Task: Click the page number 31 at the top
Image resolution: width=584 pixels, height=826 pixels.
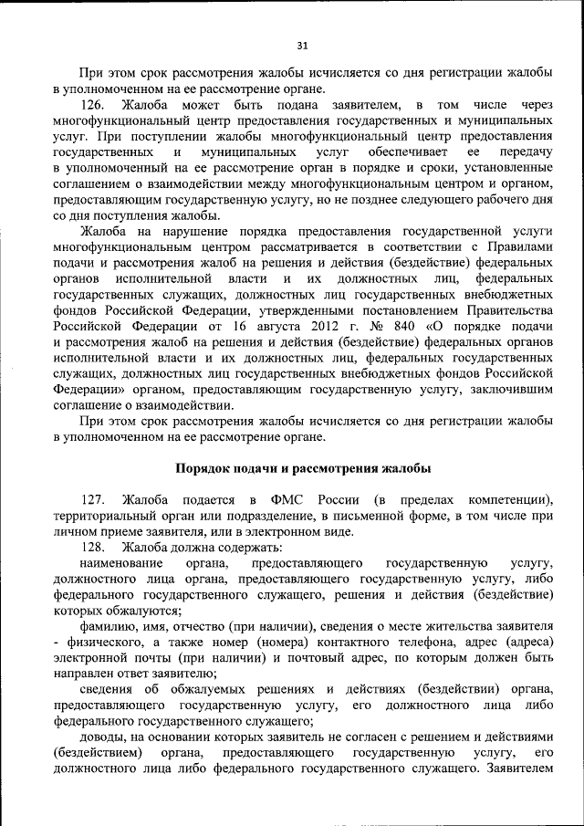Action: pos(303,46)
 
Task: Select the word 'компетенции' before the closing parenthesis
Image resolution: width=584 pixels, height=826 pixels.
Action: pos(506,500)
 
